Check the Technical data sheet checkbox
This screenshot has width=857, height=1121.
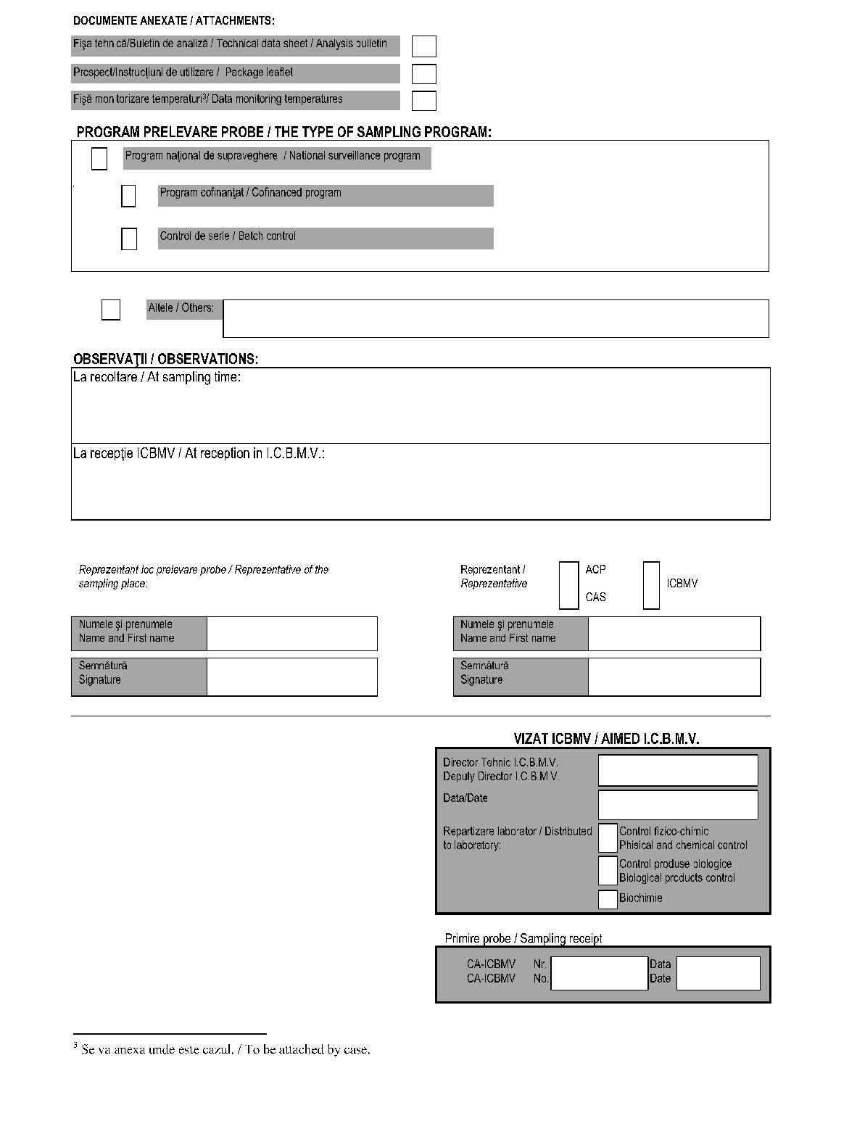[x=423, y=46]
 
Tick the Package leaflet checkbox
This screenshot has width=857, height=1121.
[x=423, y=74]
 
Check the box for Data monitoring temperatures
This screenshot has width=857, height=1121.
[x=423, y=101]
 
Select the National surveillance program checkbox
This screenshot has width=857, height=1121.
[x=99, y=159]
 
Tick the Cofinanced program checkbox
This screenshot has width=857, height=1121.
[x=128, y=196]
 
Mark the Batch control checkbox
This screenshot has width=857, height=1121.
[x=129, y=239]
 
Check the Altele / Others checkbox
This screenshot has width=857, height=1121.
[x=111, y=310]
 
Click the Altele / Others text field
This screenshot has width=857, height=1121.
[x=495, y=318]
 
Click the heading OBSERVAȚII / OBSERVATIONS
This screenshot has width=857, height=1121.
[x=165, y=359]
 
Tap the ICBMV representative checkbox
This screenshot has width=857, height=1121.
[x=651, y=585]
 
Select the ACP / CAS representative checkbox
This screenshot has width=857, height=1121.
[x=569, y=585]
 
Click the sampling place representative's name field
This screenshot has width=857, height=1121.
[x=291, y=633]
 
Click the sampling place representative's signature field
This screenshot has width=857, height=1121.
[x=291, y=677]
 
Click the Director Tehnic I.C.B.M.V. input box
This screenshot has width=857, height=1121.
[x=678, y=770]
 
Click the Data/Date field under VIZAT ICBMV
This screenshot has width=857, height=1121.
[x=678, y=805]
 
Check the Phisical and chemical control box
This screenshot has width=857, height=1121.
[x=608, y=838]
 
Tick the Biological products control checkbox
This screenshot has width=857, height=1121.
[x=608, y=871]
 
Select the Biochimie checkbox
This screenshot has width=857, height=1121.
[x=608, y=899]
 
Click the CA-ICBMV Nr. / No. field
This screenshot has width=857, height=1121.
[x=599, y=973]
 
